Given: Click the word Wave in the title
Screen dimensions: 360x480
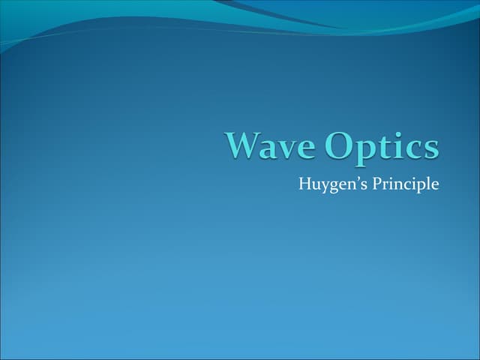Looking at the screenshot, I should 267,145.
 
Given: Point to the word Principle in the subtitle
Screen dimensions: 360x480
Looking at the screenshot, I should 402,184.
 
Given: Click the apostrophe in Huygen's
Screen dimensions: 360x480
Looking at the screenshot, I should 352,178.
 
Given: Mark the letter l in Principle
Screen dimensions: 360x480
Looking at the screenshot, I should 425,181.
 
